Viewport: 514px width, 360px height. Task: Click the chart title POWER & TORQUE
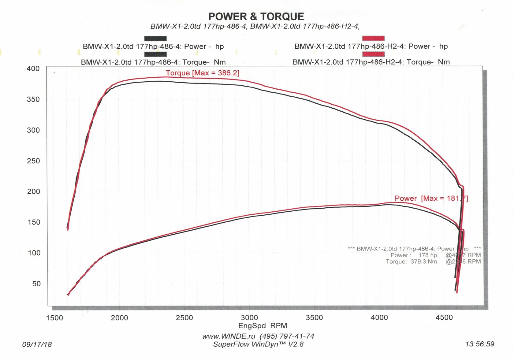click(256, 17)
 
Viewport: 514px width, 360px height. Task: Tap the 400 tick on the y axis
click(33, 69)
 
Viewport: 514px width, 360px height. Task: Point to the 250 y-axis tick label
click(33, 161)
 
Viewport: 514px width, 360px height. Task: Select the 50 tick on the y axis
click(36, 284)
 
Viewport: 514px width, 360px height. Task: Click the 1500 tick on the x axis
click(54, 318)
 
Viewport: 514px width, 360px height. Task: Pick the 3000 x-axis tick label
click(249, 318)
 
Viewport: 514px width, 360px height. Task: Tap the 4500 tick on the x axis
click(444, 317)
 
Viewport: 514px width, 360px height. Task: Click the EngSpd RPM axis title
click(263, 326)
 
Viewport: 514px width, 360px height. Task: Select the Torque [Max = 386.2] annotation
click(203, 73)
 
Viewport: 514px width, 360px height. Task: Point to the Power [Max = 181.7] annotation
click(431, 198)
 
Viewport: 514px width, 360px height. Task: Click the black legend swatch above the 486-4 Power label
click(155, 39)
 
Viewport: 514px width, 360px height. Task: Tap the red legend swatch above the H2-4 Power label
click(373, 39)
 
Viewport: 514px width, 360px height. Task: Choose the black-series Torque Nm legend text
click(153, 62)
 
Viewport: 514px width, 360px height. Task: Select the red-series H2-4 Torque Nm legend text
click(371, 62)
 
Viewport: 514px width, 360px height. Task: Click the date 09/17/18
click(37, 344)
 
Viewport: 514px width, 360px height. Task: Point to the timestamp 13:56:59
click(480, 344)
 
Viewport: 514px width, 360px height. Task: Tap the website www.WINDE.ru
click(229, 336)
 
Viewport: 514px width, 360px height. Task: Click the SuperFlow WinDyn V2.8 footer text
click(258, 344)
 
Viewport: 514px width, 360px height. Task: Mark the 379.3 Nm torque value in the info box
click(424, 262)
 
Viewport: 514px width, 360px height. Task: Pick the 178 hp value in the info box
click(428, 255)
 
